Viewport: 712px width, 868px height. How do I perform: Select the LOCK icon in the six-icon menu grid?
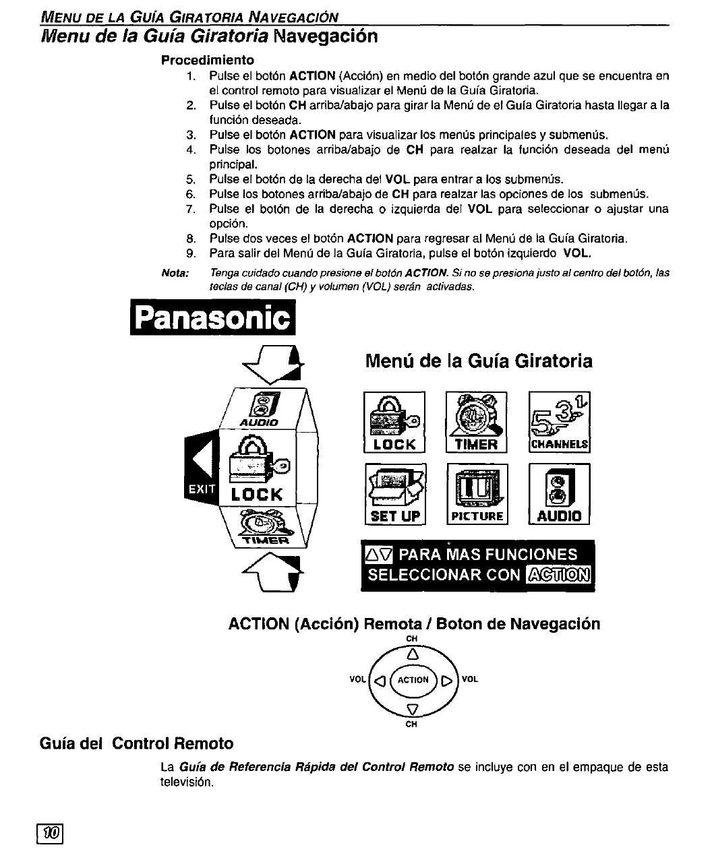click(x=394, y=421)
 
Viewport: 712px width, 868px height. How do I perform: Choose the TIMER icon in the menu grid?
click(x=477, y=421)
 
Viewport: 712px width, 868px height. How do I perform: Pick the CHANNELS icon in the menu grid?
click(x=560, y=421)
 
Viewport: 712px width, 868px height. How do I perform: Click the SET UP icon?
click(x=395, y=494)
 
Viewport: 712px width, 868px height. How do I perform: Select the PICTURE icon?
click(x=477, y=494)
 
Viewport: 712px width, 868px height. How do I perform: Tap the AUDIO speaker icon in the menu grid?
click(x=560, y=494)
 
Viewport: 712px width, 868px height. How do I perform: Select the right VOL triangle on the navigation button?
click(x=446, y=680)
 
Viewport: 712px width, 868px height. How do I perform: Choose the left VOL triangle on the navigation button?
click(x=380, y=680)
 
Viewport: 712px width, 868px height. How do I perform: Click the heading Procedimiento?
click(x=208, y=60)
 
